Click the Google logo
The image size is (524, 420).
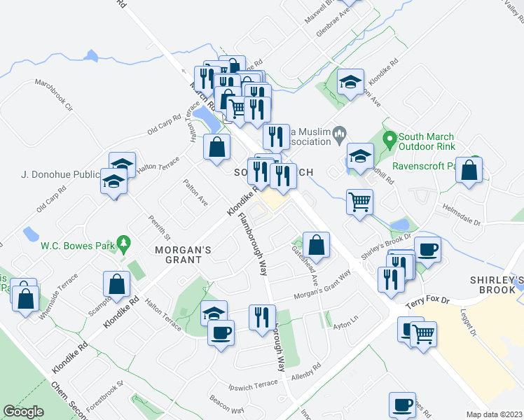pyautogui.click(x=23, y=412)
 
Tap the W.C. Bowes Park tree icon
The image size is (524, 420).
pyautogui.click(x=125, y=244)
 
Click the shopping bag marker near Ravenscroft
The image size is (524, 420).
pyautogui.click(x=469, y=170)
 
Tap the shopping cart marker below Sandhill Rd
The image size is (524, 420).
pyautogui.click(x=360, y=202)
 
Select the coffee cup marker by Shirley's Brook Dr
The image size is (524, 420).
pyautogui.click(x=427, y=248)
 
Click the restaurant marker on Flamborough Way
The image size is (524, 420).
pyautogui.click(x=261, y=316)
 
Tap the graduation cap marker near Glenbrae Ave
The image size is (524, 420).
pyautogui.click(x=351, y=82)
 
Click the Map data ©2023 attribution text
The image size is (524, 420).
pyautogui.click(x=494, y=414)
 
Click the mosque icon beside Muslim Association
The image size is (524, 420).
pyautogui.click(x=339, y=132)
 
